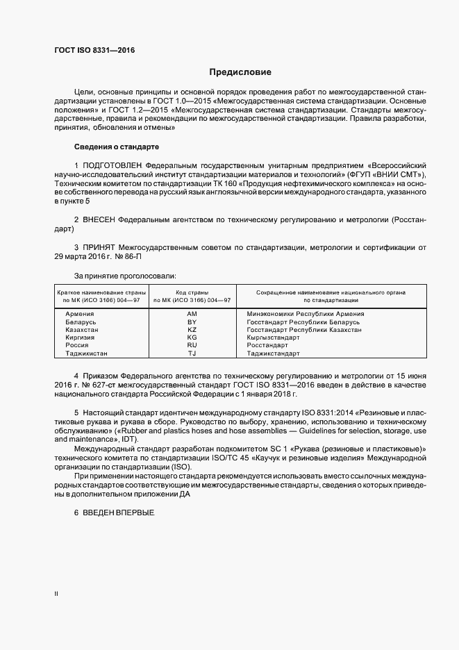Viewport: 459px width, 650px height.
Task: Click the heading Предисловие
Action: coord(240,72)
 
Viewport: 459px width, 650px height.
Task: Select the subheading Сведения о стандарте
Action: coord(117,147)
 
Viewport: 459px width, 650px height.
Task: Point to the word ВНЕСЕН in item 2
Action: coord(100,219)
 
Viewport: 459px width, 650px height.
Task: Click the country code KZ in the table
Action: coord(192,330)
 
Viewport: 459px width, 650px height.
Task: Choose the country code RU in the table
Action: coord(192,345)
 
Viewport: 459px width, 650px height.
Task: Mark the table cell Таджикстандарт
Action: coord(273,353)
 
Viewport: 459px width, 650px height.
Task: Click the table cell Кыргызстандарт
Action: coord(273,337)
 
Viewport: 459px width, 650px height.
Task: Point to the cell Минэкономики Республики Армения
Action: coord(305,314)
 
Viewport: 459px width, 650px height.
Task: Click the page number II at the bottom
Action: coord(56,594)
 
